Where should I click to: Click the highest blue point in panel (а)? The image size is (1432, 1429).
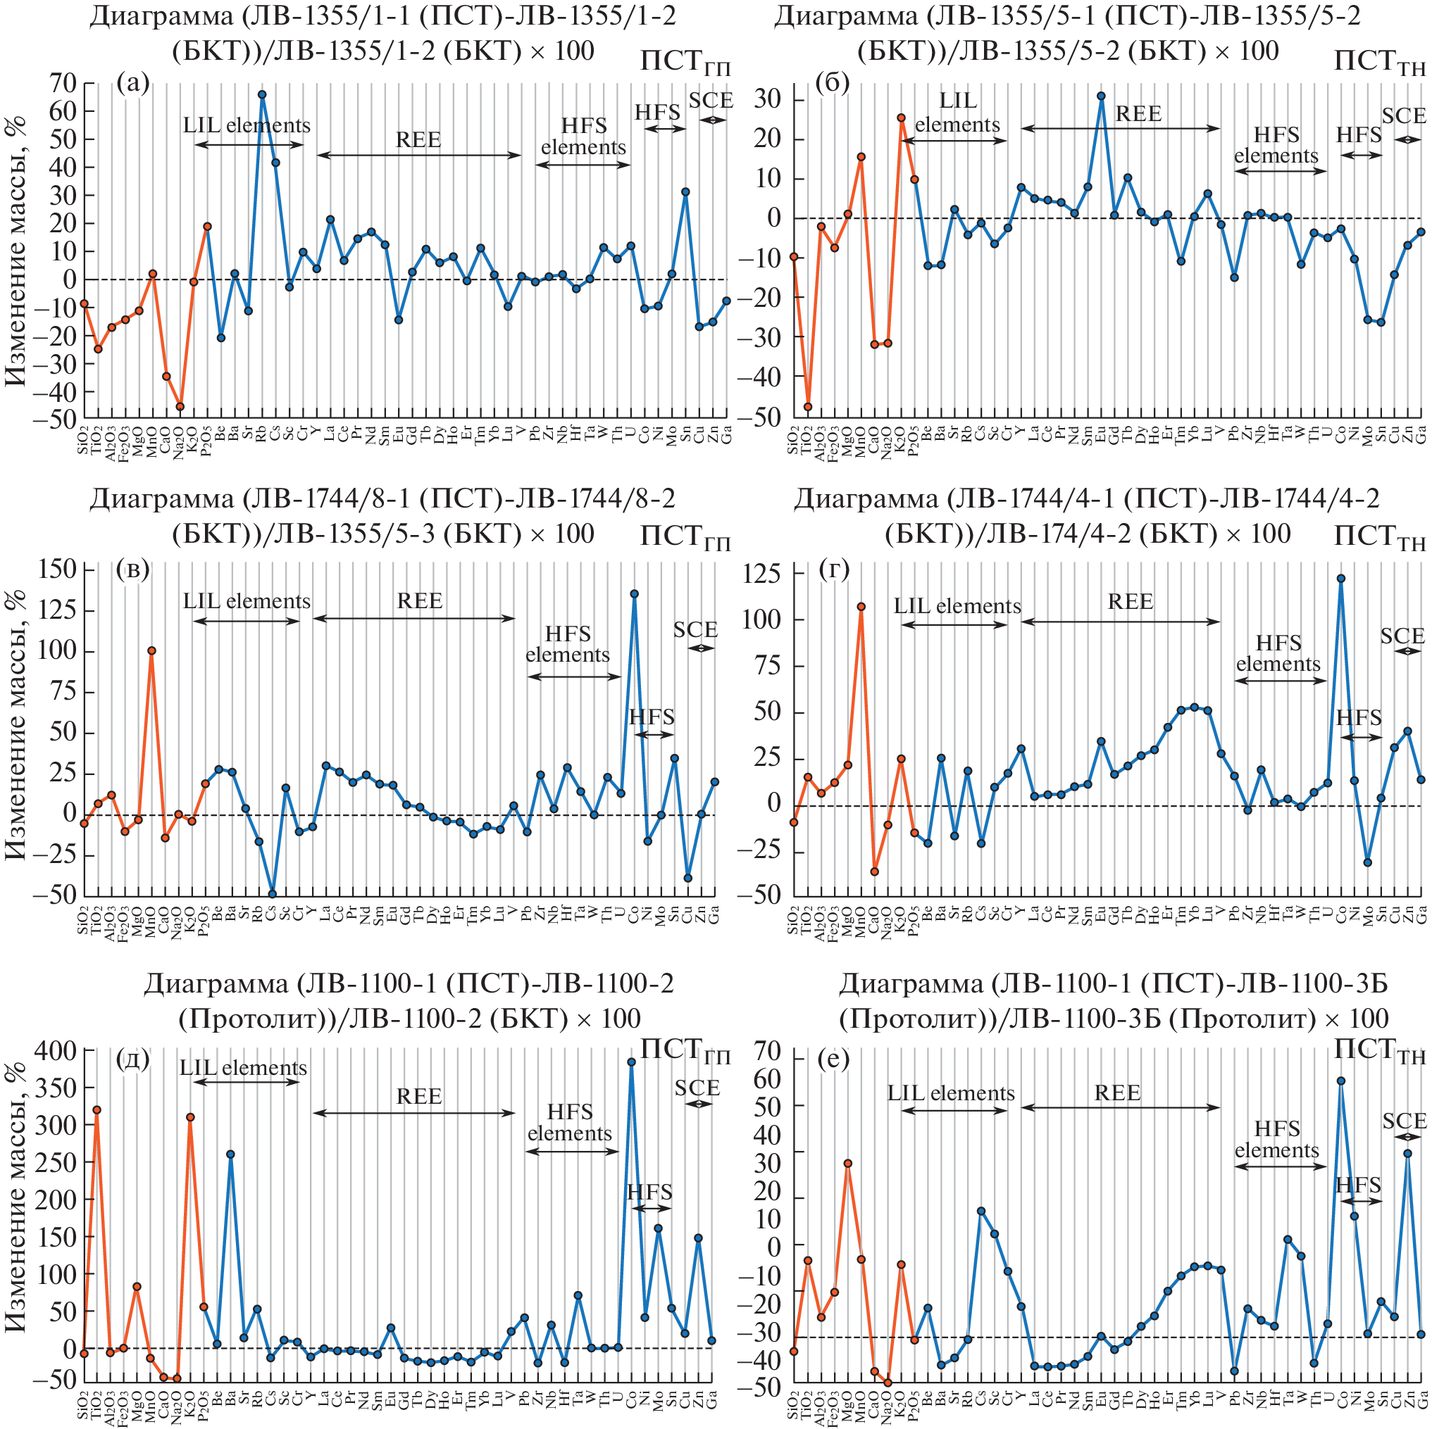click(x=261, y=95)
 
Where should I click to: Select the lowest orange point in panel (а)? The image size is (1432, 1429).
click(x=180, y=406)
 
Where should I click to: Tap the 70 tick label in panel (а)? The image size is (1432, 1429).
click(x=63, y=83)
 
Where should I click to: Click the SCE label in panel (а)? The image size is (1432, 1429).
click(x=711, y=101)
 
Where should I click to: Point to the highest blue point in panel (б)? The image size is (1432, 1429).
click(x=1102, y=96)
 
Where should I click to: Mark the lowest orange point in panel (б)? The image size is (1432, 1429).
click(x=808, y=407)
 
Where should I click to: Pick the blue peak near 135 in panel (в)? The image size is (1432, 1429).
click(x=635, y=594)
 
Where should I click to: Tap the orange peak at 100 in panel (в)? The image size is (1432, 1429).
click(x=151, y=651)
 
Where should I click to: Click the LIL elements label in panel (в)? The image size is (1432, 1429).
click(x=247, y=602)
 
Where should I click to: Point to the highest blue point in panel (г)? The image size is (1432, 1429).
click(x=1341, y=579)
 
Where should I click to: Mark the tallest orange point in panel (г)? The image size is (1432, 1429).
click(x=861, y=607)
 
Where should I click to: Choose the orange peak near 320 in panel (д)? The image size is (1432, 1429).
click(x=97, y=1109)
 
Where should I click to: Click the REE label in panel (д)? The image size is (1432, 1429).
click(x=419, y=1095)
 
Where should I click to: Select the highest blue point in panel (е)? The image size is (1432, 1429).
click(x=1341, y=1081)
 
